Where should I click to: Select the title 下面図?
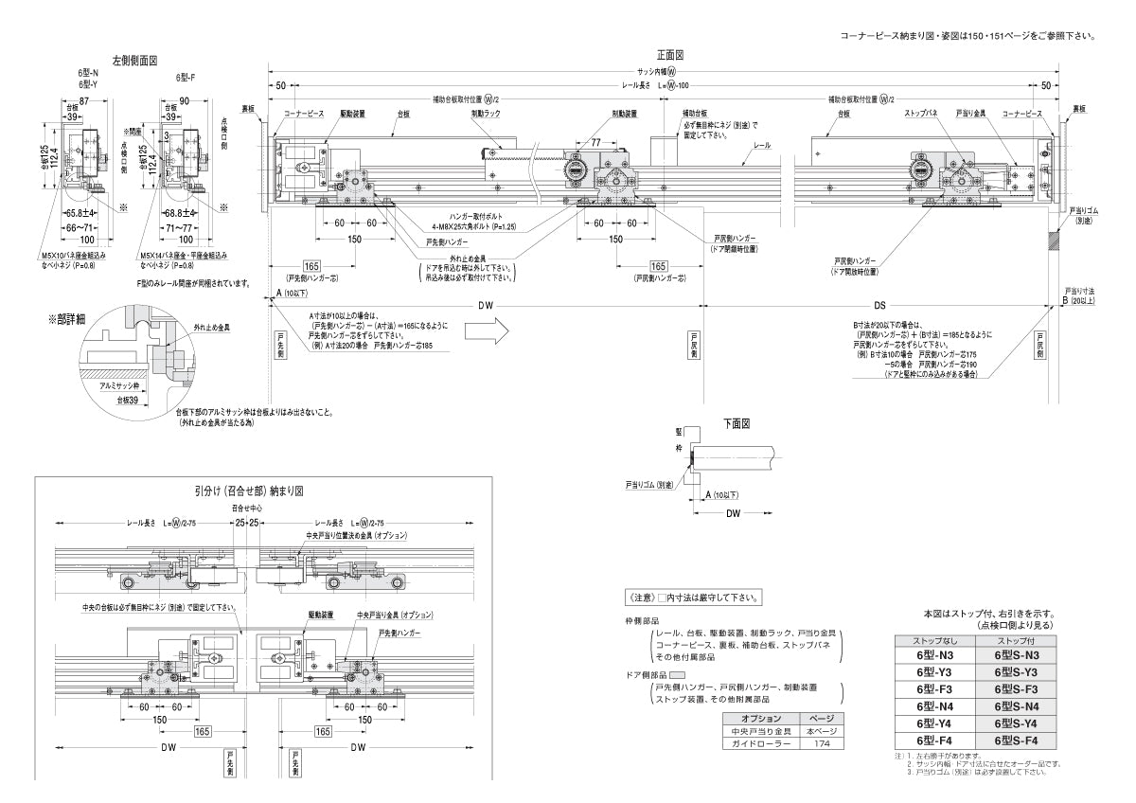737,423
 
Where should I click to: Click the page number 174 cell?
820,744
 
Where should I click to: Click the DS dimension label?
879,305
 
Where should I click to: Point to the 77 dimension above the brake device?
596,141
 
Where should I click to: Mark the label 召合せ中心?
249,508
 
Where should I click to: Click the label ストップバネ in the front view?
919,113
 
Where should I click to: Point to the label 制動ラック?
485,113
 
